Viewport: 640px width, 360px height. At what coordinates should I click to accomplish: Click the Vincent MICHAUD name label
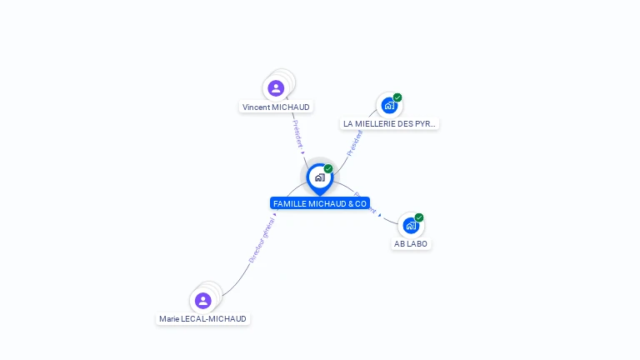coord(276,107)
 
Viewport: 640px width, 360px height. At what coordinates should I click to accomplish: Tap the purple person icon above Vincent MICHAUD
coord(276,88)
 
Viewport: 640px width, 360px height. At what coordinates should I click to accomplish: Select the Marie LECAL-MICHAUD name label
coord(203,319)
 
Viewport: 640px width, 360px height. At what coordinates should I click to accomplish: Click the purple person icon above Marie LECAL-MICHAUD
coord(203,300)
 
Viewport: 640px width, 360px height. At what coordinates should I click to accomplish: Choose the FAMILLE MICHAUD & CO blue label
coord(320,203)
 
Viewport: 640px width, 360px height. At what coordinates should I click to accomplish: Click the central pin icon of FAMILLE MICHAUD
coord(319,177)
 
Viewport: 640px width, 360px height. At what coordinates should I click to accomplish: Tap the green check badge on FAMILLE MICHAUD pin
coord(328,169)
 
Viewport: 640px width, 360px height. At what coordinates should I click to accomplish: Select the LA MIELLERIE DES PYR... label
coord(389,124)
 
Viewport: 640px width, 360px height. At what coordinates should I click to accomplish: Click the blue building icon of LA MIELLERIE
coord(388,105)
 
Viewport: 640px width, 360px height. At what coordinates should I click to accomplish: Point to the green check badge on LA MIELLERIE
coord(397,97)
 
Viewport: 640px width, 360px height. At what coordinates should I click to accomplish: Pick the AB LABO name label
coord(411,244)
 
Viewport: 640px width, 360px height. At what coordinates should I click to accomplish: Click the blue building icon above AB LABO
coord(411,225)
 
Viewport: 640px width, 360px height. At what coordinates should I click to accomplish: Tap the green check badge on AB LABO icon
coord(419,217)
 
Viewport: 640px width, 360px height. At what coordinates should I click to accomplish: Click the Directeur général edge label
coord(262,241)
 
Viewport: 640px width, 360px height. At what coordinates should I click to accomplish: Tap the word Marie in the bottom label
coord(169,319)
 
